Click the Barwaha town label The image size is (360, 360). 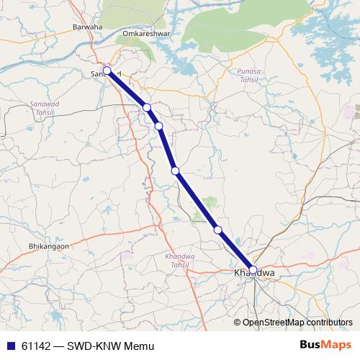[x=88, y=27]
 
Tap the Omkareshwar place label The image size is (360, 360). [x=145, y=33]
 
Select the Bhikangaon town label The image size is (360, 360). [x=48, y=246]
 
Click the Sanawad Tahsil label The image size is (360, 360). [x=42, y=109]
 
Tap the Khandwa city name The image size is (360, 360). [x=254, y=274]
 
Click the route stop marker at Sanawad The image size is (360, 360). [x=107, y=71]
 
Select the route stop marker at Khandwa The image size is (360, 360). [x=253, y=270]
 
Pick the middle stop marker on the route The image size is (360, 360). [x=175, y=171]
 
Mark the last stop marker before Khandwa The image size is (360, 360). [x=218, y=230]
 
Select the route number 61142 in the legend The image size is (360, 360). [x=36, y=346]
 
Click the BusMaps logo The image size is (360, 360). [x=325, y=346]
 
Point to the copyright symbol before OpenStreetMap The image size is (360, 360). [x=238, y=323]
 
